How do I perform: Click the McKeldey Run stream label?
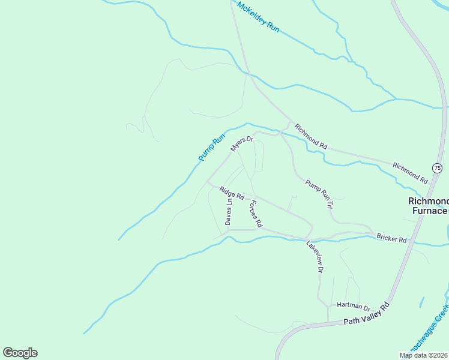coord(258,18)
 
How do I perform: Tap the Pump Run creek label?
coord(211,145)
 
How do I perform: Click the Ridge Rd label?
coord(232,193)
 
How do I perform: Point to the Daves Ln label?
coord(229,212)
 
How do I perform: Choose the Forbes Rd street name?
coord(254,213)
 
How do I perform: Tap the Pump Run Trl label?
coord(319,194)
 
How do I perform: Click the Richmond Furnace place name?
coord(428,206)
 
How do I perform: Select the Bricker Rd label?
coord(391,239)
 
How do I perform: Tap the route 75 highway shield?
coord(437,167)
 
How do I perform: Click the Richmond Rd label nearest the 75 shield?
coord(409,173)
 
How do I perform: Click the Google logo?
coord(20,353)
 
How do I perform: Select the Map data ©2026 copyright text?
coord(424,355)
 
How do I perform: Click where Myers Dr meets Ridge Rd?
coord(208,182)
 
